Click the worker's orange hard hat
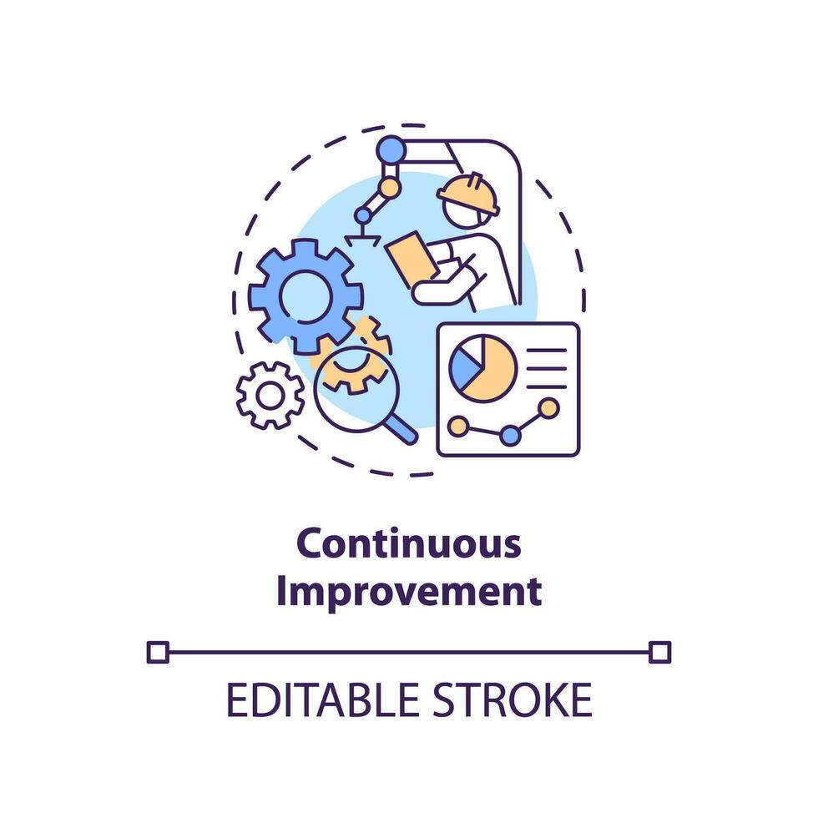coord(468,192)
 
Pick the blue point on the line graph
coord(510,435)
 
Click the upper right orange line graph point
coord(548,408)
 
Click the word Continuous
coord(409,545)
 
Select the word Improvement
coord(409,591)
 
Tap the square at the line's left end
coord(157,651)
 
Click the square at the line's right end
coord(660,651)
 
